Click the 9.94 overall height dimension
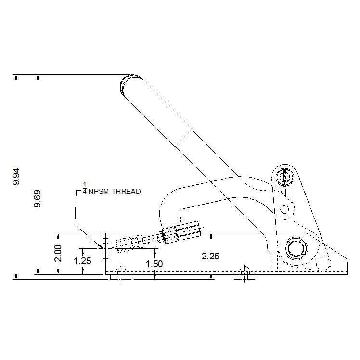pos(16,176)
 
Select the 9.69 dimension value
pos(37,199)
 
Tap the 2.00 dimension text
pos(58,254)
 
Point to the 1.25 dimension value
pos(82,261)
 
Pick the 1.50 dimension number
pos(154,264)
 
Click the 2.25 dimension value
pos(210,256)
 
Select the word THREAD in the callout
pos(126,192)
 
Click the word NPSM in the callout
pos(99,192)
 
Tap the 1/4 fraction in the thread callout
pos(85,188)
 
